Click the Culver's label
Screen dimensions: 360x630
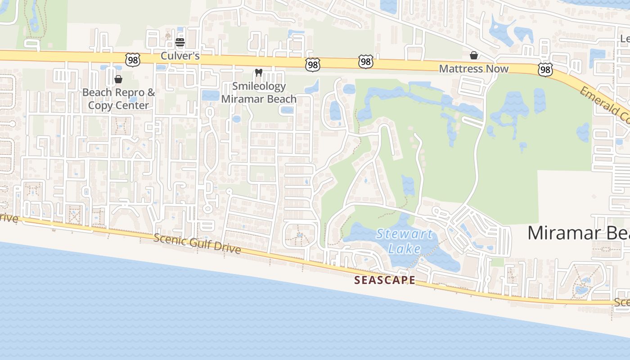click(180, 57)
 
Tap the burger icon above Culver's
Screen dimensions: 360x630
click(180, 43)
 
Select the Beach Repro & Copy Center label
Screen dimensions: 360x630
click(118, 99)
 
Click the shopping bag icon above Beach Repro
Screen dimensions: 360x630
click(118, 80)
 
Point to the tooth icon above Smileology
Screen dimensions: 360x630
click(258, 72)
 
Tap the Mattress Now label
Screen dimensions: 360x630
click(473, 69)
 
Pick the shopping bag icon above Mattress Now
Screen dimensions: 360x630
click(474, 55)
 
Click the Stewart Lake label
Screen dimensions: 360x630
click(404, 241)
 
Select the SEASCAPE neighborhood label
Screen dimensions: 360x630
click(385, 280)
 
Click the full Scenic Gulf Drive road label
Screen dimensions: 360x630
click(197, 243)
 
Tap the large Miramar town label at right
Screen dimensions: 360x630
click(578, 233)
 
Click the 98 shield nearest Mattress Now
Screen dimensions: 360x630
click(545, 69)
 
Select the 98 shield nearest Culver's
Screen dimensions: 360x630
click(133, 59)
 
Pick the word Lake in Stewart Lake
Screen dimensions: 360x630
click(405, 249)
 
